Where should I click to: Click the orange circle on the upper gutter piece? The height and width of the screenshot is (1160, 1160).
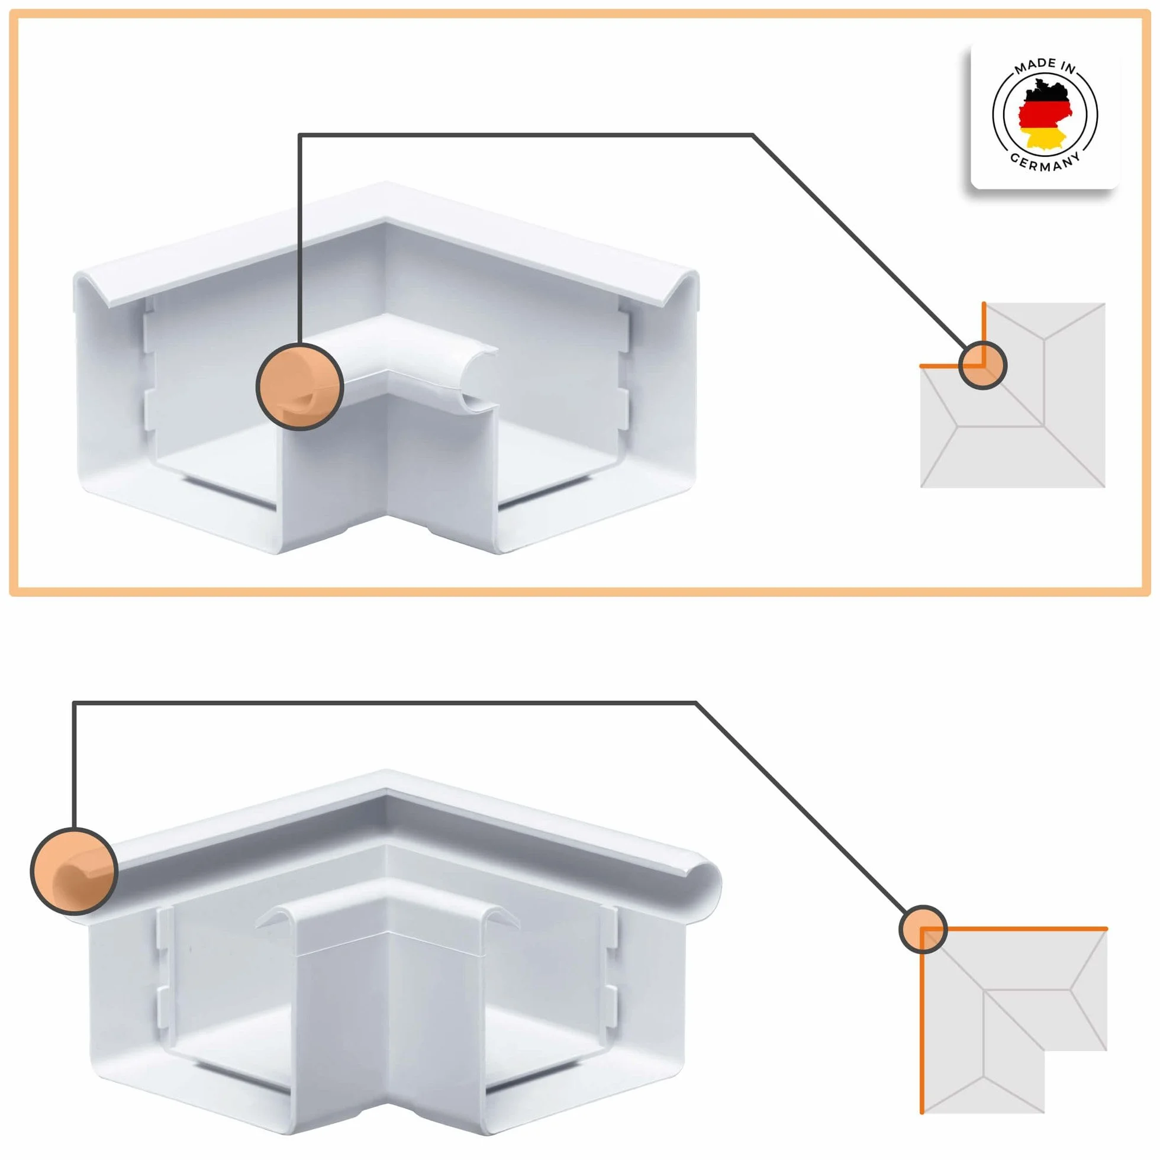(299, 386)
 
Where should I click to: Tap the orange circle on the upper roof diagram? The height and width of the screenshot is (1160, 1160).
(982, 365)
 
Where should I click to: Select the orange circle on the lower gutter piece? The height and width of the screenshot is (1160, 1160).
(74, 871)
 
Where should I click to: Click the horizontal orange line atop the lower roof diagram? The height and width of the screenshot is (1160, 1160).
(1014, 929)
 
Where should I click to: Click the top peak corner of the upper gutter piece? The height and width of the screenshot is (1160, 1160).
(384, 182)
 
